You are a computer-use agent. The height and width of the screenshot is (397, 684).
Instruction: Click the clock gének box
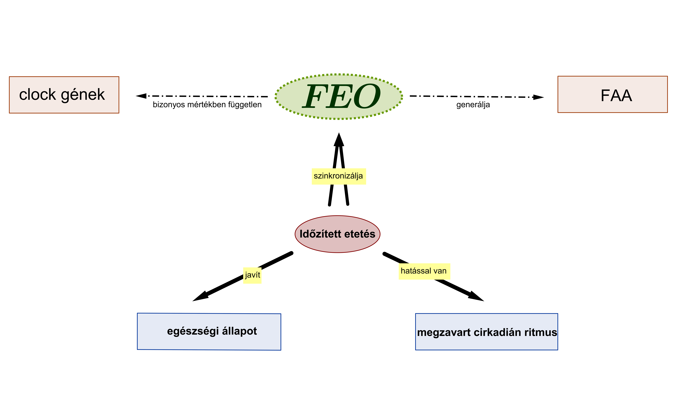coord(64,95)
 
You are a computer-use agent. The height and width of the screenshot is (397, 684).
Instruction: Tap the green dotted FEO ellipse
coord(339,97)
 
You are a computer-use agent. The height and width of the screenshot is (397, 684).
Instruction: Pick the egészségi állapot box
coord(209,332)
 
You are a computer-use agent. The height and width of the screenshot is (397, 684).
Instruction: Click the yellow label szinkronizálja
coord(339,177)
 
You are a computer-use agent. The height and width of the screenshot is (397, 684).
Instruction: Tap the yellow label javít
coord(252,276)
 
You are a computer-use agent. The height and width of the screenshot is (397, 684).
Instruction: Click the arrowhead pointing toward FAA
coord(538,97)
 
